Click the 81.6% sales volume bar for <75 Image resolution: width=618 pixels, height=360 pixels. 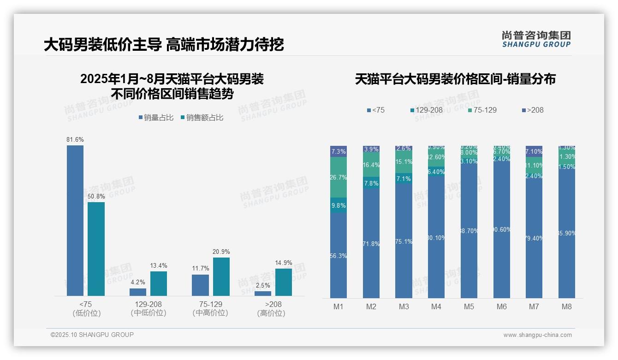pyautogui.click(x=75, y=220)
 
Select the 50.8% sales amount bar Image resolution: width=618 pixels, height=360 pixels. pyautogui.click(x=96, y=249)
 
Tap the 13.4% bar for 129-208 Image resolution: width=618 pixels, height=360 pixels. pyautogui.click(x=159, y=283)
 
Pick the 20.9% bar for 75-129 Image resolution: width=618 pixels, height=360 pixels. pyautogui.click(x=221, y=276)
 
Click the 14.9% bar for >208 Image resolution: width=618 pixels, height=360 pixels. pyautogui.click(x=284, y=282)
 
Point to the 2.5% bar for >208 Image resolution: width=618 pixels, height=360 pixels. pyautogui.click(x=263, y=294)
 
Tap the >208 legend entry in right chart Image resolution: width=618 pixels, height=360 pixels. pyautogui.click(x=533, y=110)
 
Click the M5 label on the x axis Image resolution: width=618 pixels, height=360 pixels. pyautogui.click(x=469, y=306)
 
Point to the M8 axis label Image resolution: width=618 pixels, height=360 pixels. pyautogui.click(x=567, y=306)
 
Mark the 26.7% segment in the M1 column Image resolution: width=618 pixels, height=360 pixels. pyautogui.click(x=339, y=177)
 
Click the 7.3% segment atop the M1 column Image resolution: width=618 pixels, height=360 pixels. pyautogui.click(x=339, y=151)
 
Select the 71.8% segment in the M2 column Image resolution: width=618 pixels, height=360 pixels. pyautogui.click(x=371, y=243)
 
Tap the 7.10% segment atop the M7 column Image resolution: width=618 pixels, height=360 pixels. pyautogui.click(x=534, y=151)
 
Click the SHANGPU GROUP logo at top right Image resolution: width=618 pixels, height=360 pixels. pyautogui.click(x=536, y=39)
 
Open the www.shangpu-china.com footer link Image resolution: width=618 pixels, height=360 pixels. pyautogui.click(x=537, y=335)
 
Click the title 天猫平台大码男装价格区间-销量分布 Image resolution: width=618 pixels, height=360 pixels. pyautogui.click(x=455, y=79)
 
